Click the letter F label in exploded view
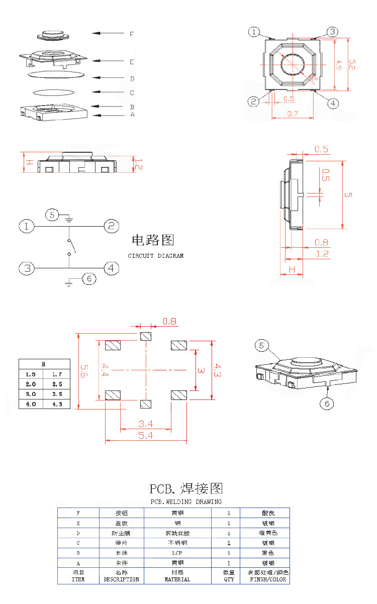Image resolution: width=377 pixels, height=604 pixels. [132, 34]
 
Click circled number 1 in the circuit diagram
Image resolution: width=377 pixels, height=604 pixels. [27, 226]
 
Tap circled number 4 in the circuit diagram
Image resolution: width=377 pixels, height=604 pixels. [111, 268]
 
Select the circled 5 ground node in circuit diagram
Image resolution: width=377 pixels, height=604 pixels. [52, 215]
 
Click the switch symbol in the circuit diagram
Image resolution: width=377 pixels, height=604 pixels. [71, 247]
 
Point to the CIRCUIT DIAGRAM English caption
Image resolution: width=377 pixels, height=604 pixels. [155, 256]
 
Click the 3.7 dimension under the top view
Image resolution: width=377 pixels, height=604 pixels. [293, 114]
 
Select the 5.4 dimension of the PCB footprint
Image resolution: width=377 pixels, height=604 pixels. [146, 436]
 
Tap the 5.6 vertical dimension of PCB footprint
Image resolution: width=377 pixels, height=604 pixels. [84, 371]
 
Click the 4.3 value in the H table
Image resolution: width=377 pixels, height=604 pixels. [57, 404]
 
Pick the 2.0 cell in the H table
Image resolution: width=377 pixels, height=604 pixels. [31, 384]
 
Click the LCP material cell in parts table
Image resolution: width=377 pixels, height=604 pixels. [177, 553]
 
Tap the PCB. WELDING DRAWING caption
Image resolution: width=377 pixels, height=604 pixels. [186, 501]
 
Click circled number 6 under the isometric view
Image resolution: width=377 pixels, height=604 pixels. [327, 404]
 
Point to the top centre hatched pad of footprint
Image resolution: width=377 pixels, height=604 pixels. [146, 336]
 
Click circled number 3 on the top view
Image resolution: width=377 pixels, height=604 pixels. [332, 32]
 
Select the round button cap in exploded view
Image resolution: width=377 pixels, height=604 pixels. [52, 35]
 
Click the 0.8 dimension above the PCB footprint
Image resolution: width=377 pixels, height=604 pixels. [169, 321]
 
